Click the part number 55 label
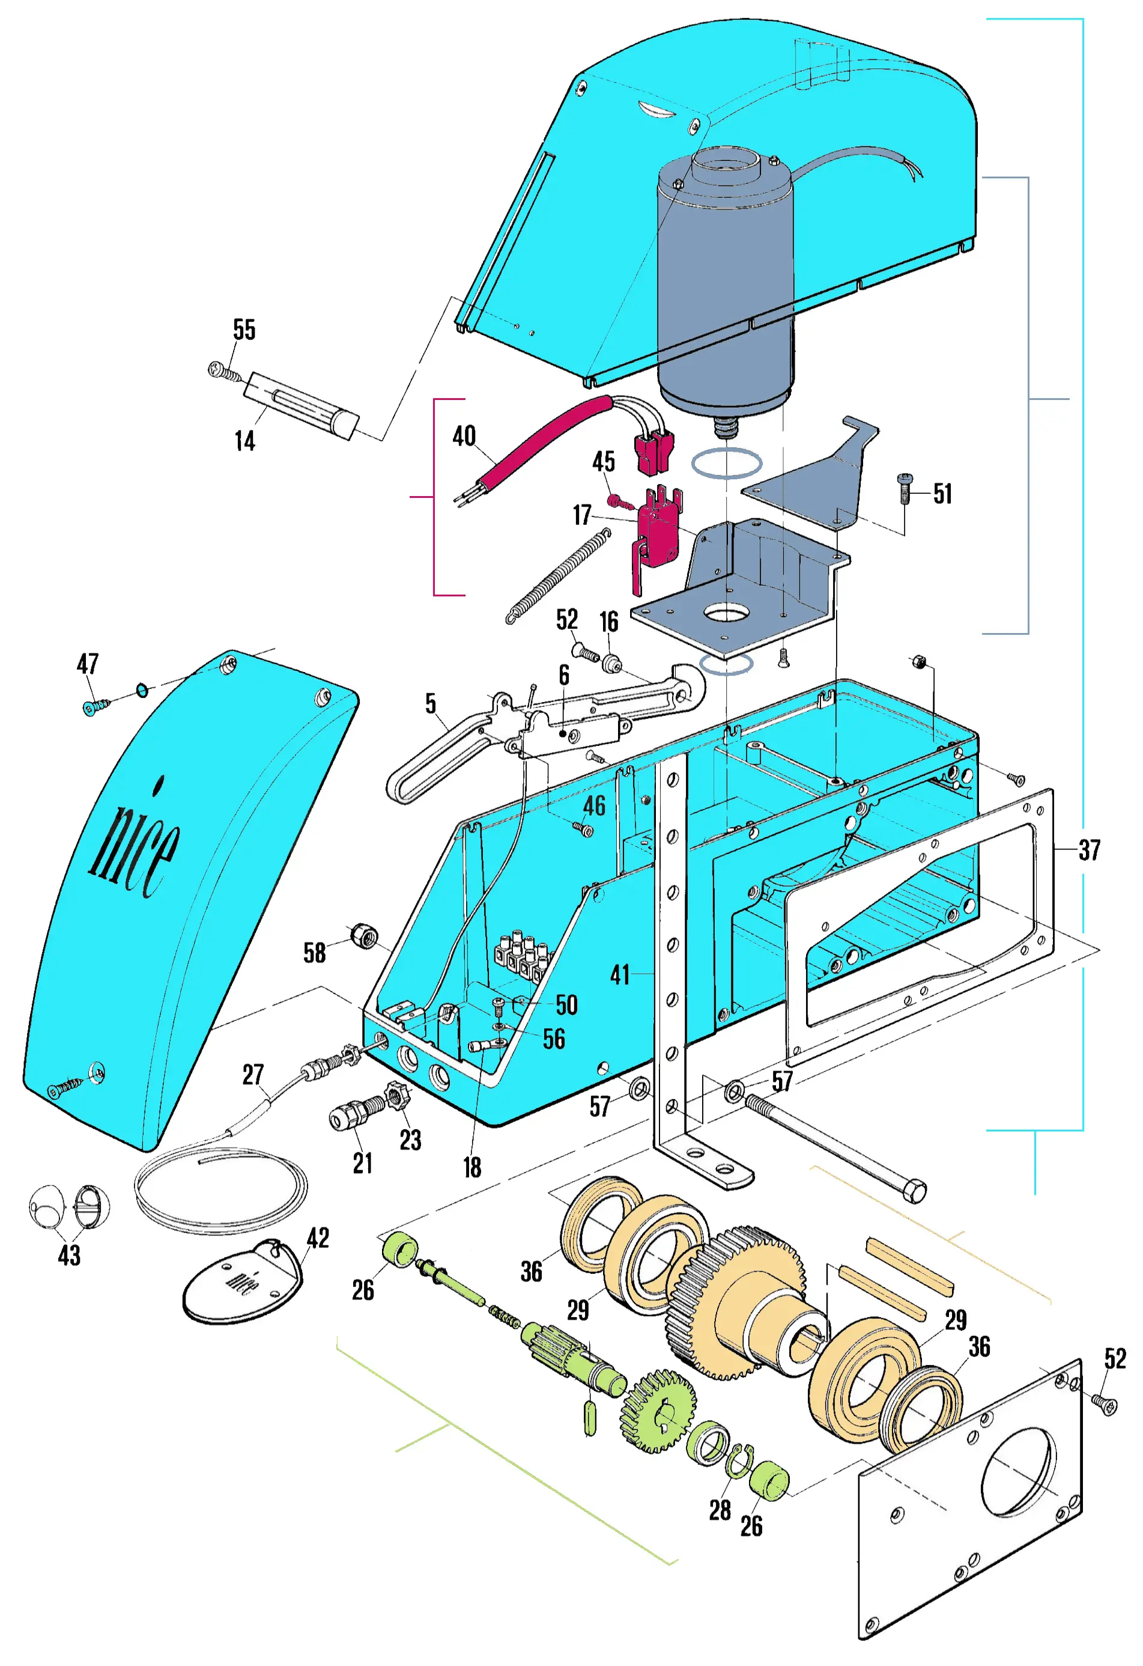pyautogui.click(x=244, y=330)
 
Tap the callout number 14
pyautogui.click(x=244, y=441)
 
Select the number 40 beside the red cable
pyautogui.click(x=464, y=436)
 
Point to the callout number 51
pyautogui.click(x=942, y=494)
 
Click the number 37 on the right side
pyautogui.click(x=1089, y=850)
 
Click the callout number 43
pyautogui.click(x=69, y=1255)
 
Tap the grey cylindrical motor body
pyautogui.click(x=724, y=286)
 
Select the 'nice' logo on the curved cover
pyautogui.click(x=136, y=846)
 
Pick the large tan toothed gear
pyautogui.click(x=739, y=1304)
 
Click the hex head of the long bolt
pyautogui.click(x=914, y=1192)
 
